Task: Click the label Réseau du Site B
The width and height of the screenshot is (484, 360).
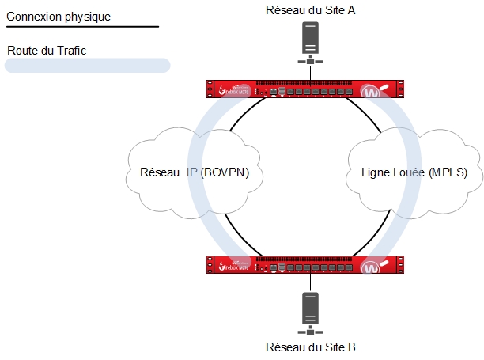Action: pos(311,347)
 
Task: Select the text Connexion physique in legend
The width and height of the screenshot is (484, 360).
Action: pos(59,16)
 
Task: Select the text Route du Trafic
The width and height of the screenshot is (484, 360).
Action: pos(47,50)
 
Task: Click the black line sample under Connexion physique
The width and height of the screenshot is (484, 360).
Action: pos(82,27)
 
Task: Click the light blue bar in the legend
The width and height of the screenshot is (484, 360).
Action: pos(87,66)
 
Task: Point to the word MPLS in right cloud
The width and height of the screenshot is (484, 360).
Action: pos(447,172)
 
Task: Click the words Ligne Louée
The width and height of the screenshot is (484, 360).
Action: pos(392,172)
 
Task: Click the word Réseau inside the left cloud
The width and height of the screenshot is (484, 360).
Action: pos(159,172)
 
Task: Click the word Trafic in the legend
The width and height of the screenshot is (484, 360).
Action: pos(70,50)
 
